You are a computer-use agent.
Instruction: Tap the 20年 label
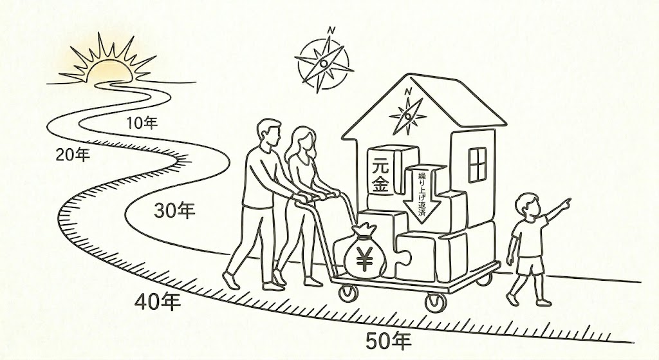(x=72, y=155)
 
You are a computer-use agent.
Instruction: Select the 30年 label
(x=174, y=210)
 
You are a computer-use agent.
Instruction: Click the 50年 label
(x=389, y=340)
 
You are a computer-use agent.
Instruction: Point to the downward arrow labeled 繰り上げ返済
(x=423, y=194)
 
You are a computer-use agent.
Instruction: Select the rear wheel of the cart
(x=348, y=293)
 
